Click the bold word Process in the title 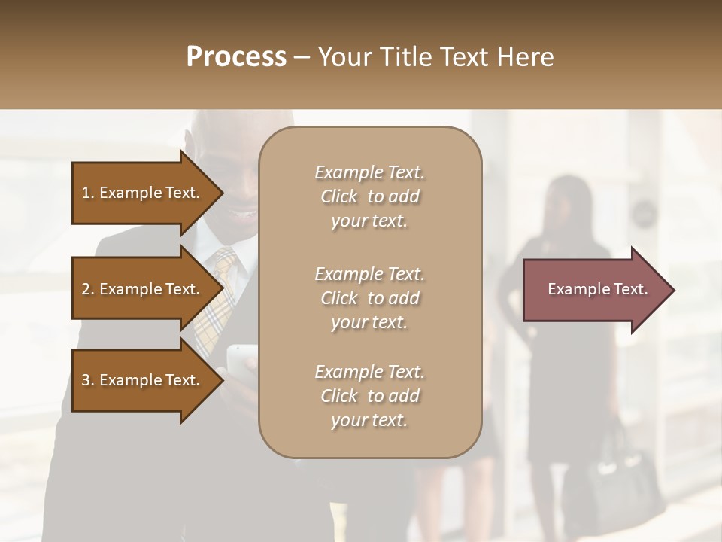pos(236,57)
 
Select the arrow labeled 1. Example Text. pos(143,193)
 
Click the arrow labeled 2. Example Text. pos(143,289)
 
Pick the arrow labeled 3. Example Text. pos(143,380)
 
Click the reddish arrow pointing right pos(594,290)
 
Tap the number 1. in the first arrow pos(88,193)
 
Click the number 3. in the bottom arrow pos(88,380)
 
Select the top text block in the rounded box pos(369,196)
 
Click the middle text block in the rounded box pos(369,298)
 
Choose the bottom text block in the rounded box pos(369,396)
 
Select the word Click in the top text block pos(339,196)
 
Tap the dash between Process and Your pos(302,57)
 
